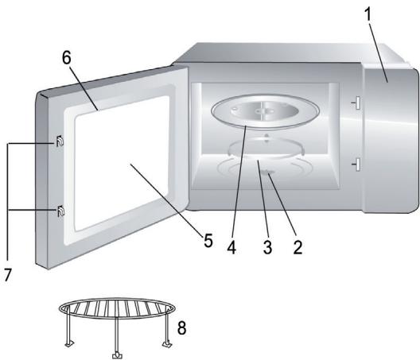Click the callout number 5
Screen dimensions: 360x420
pyautogui.click(x=208, y=239)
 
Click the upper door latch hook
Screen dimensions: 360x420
pyautogui.click(x=59, y=142)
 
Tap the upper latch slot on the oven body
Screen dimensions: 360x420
pyautogui.click(x=356, y=102)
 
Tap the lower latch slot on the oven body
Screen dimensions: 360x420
pyautogui.click(x=356, y=164)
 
